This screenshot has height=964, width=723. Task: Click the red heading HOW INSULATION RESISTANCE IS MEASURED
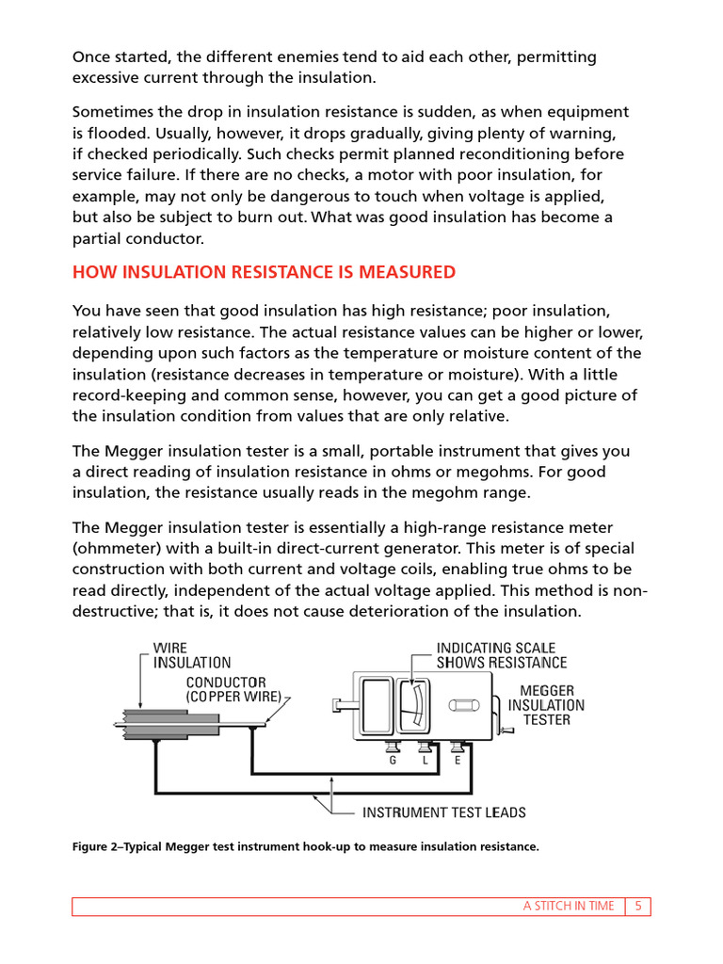click(x=264, y=273)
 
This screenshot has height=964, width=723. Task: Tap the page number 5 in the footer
click(x=638, y=907)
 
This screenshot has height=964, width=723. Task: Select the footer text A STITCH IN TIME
click(x=569, y=907)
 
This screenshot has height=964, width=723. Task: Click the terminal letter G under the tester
click(x=393, y=761)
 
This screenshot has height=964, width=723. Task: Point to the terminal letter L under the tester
click(x=426, y=761)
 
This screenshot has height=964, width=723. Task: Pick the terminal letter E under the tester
click(x=458, y=761)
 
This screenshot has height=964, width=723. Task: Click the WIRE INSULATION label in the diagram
click(x=192, y=655)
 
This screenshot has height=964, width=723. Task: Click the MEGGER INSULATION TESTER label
click(x=546, y=705)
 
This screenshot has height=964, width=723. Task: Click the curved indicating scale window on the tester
click(x=410, y=706)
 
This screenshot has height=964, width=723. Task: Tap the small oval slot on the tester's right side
click(x=464, y=704)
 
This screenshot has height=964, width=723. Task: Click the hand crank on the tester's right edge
click(x=505, y=725)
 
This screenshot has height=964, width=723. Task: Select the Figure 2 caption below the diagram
click(x=306, y=847)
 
